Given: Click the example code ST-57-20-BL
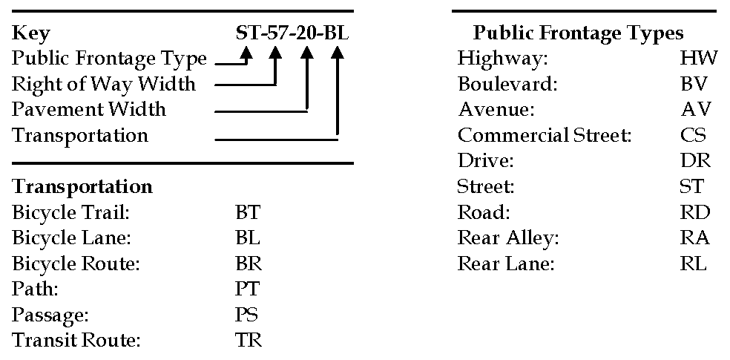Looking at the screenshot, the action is (x=292, y=33).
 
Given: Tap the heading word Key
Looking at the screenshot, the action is (x=31, y=33).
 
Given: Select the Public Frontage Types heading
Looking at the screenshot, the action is (x=578, y=33).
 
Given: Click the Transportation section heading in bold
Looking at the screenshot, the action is (x=82, y=186).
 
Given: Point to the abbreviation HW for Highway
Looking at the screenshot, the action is (x=698, y=58).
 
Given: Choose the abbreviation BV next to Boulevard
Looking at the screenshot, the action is (x=694, y=83).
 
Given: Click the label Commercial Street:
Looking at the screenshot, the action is (x=545, y=135).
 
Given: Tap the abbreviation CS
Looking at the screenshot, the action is (x=693, y=135).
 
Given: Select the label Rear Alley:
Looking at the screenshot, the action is (x=507, y=238).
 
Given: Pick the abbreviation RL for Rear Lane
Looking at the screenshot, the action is (x=693, y=264).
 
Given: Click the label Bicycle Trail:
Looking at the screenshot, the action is (x=70, y=213).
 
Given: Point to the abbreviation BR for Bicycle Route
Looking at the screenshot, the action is (x=248, y=264).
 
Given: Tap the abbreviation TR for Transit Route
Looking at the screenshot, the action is (x=248, y=340).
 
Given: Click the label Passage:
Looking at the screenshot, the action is (x=50, y=315).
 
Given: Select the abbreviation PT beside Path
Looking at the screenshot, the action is (x=247, y=289).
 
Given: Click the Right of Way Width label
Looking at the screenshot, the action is (x=104, y=84).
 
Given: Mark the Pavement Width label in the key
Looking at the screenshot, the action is (x=89, y=110).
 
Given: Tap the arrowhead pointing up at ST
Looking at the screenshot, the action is (x=247, y=53).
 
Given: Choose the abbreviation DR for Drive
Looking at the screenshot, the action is (x=694, y=160).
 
